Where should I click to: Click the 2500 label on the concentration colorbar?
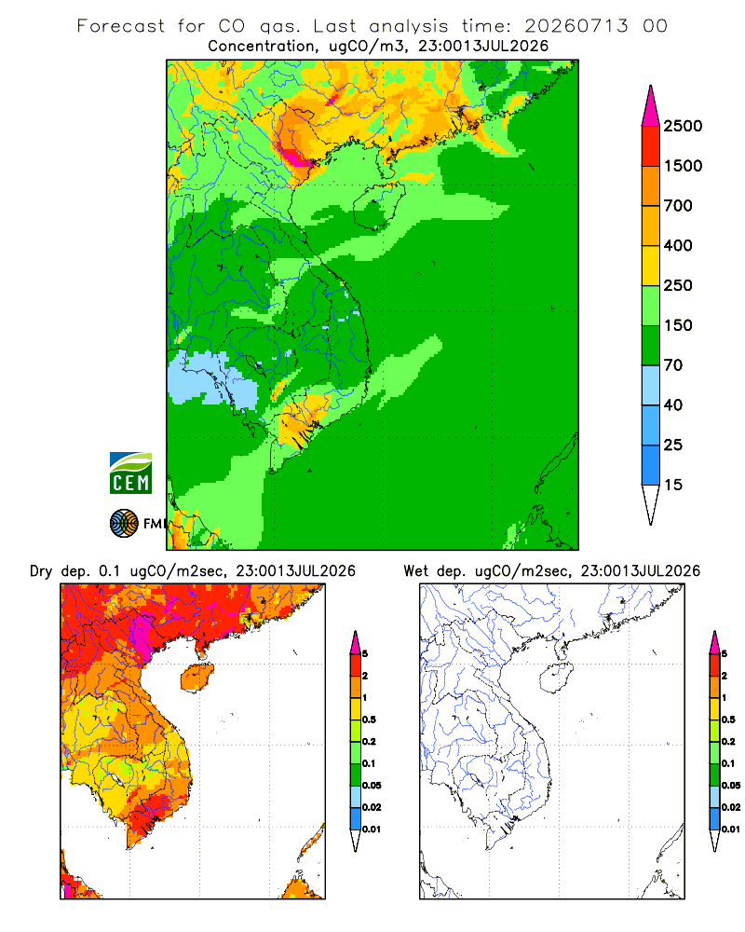pyautogui.click(x=683, y=126)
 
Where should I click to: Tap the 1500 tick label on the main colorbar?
pyautogui.click(x=683, y=166)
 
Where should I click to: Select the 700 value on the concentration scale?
pyautogui.click(x=678, y=206)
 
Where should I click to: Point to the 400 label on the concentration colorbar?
pyautogui.click(x=678, y=245)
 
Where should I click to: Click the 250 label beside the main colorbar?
pyautogui.click(x=678, y=285)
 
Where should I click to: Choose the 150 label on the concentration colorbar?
pyautogui.click(x=678, y=325)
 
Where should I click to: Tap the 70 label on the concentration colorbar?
pyautogui.click(x=673, y=365)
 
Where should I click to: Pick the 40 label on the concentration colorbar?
pyautogui.click(x=673, y=404)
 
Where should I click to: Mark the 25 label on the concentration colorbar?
pyautogui.click(x=673, y=445)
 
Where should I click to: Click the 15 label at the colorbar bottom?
pyautogui.click(x=673, y=485)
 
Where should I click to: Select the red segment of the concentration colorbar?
pyautogui.click(x=651, y=146)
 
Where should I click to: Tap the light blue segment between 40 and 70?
pyautogui.click(x=651, y=385)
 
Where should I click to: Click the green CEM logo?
pyautogui.click(x=130, y=473)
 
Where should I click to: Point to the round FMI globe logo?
pyautogui.click(x=124, y=524)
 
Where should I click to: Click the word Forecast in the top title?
pyautogui.click(x=121, y=26)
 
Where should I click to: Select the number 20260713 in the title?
pyautogui.click(x=576, y=26)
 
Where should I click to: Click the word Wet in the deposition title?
pyautogui.click(x=415, y=570)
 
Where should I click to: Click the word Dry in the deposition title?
pyautogui.click(x=41, y=572)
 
